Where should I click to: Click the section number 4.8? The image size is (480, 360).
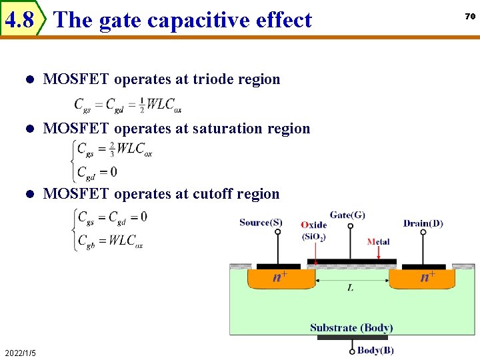tap(19, 20)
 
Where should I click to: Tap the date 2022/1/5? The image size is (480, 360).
tap(20, 353)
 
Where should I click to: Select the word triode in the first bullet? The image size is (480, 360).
tap(211, 79)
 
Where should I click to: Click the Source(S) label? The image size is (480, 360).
tap(261, 223)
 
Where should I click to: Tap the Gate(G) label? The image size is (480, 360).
tap(347, 215)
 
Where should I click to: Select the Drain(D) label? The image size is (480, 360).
tap(423, 223)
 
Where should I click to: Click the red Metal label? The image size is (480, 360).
tap(379, 241)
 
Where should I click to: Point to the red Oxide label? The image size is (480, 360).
tap(313, 225)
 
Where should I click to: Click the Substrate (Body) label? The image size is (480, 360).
tap(351, 327)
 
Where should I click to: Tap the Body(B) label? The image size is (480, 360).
tap(375, 350)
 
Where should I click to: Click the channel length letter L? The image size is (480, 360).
tap(351, 287)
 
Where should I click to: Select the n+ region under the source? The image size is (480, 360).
tap(280, 277)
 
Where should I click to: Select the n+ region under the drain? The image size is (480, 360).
tap(427, 277)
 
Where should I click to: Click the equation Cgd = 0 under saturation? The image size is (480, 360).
tap(97, 172)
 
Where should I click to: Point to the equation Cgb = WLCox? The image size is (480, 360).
tap(110, 240)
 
